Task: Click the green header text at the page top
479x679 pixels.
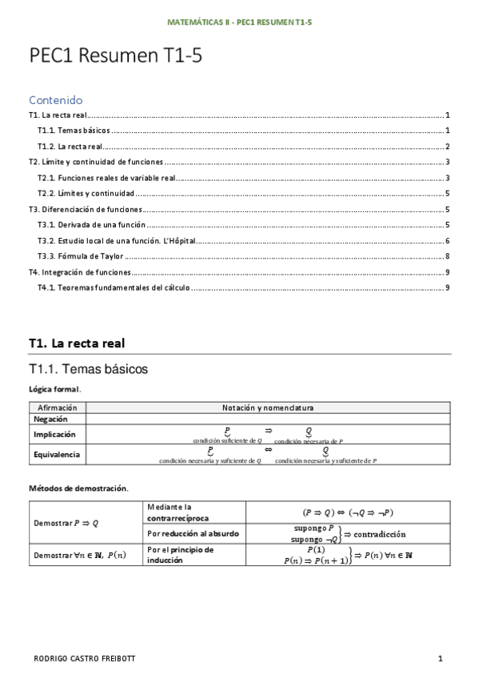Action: tap(239, 22)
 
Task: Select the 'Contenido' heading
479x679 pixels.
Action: tap(56, 101)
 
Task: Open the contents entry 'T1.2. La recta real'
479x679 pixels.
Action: tap(70, 147)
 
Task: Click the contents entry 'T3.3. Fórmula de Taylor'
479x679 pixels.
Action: tap(80, 256)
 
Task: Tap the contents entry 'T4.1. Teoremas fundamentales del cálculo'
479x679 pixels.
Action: tap(114, 287)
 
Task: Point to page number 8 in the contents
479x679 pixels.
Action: tap(449, 256)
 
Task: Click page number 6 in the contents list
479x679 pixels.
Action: tap(449, 241)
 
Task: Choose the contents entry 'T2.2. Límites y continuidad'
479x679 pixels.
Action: tap(86, 194)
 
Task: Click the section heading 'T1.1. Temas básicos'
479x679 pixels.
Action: tap(88, 369)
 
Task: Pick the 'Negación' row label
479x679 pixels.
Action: tap(51, 419)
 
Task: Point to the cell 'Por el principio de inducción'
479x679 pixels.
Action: tap(181, 555)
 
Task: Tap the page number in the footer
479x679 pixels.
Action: tap(440, 659)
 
